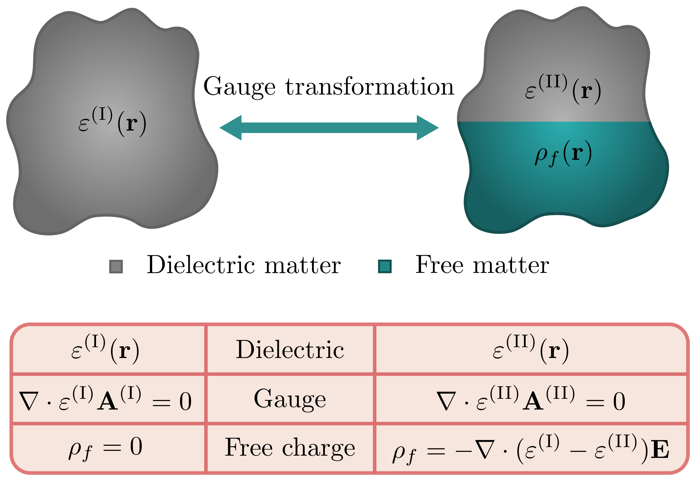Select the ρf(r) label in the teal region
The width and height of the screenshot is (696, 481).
pyautogui.click(x=563, y=153)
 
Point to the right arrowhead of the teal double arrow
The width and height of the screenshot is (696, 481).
pyautogui.click(x=427, y=127)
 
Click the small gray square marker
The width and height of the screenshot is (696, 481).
pyautogui.click(x=116, y=267)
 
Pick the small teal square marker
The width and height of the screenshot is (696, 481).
pyautogui.click(x=385, y=267)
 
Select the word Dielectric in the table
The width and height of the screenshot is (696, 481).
pyautogui.click(x=290, y=350)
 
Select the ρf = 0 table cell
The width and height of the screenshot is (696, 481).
pyautogui.click(x=105, y=448)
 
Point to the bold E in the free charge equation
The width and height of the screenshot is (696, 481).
pyautogui.click(x=660, y=450)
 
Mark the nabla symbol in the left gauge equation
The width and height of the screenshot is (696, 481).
pyautogui.click(x=29, y=401)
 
